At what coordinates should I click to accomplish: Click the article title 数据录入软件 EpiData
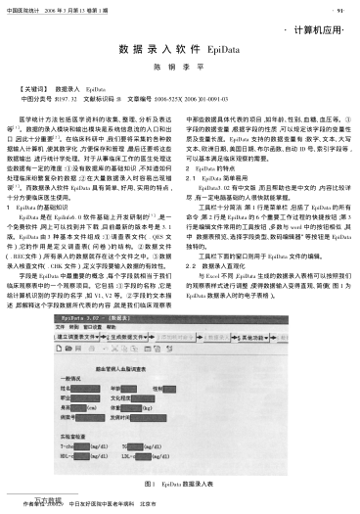[179, 47]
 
